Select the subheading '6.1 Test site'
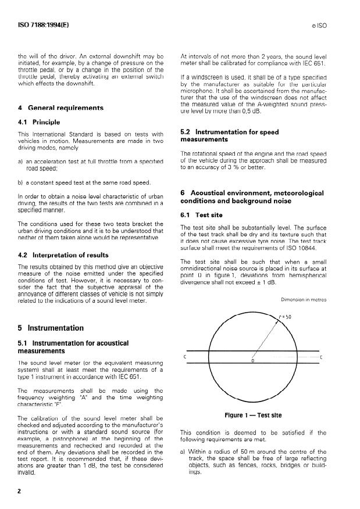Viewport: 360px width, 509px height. [201, 215]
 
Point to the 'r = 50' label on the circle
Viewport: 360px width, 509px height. [286, 317]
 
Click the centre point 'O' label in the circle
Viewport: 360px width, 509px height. [252, 361]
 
